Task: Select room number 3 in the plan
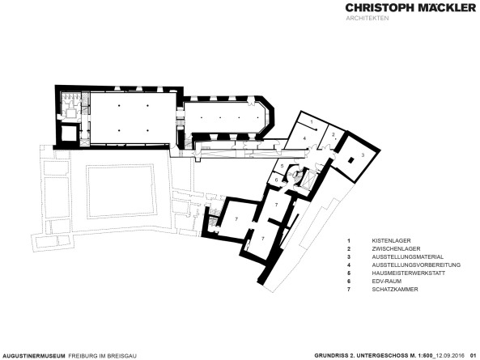[363, 154]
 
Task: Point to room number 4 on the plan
[304, 139]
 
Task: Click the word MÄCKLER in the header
[438, 9]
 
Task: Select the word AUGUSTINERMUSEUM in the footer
[34, 354]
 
